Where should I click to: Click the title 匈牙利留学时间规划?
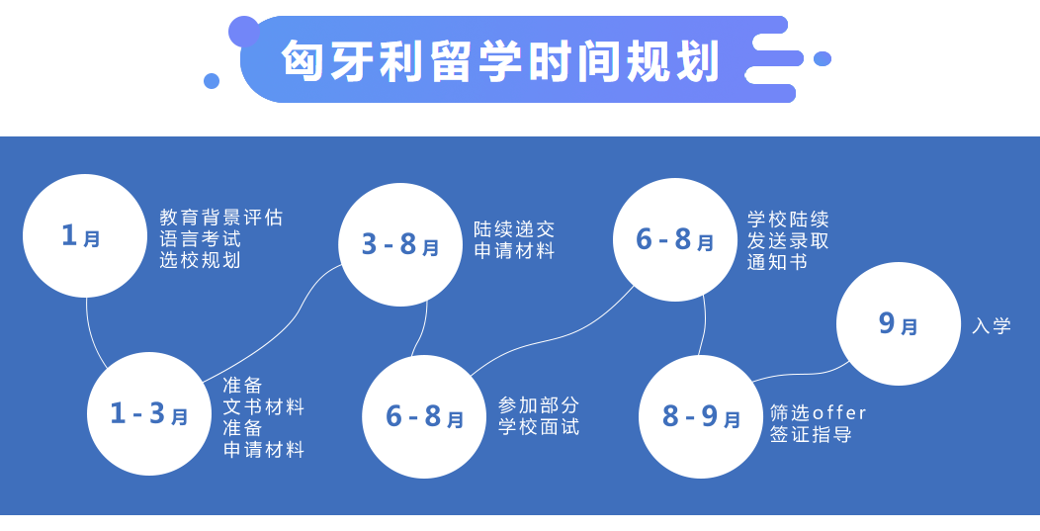(x=500, y=61)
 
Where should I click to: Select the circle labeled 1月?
(x=85, y=235)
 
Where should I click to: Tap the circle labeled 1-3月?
(x=149, y=413)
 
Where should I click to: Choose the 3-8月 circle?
(x=400, y=244)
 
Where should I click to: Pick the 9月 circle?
(x=898, y=323)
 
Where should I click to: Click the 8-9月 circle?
(x=701, y=416)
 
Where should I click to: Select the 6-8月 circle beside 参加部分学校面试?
(x=424, y=416)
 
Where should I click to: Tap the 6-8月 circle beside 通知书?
(x=675, y=239)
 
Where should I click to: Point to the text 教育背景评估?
(x=220, y=217)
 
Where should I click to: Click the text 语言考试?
(x=200, y=238)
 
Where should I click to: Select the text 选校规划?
(x=200, y=259)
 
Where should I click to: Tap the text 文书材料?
(x=263, y=406)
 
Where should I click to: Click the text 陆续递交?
(x=514, y=229)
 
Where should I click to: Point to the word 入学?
(x=992, y=325)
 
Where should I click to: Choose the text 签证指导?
(x=811, y=435)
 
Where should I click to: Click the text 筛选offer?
(x=819, y=413)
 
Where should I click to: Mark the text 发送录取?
(x=788, y=240)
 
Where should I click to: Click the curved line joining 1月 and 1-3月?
(x=92, y=336)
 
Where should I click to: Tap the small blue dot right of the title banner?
(x=823, y=58)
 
